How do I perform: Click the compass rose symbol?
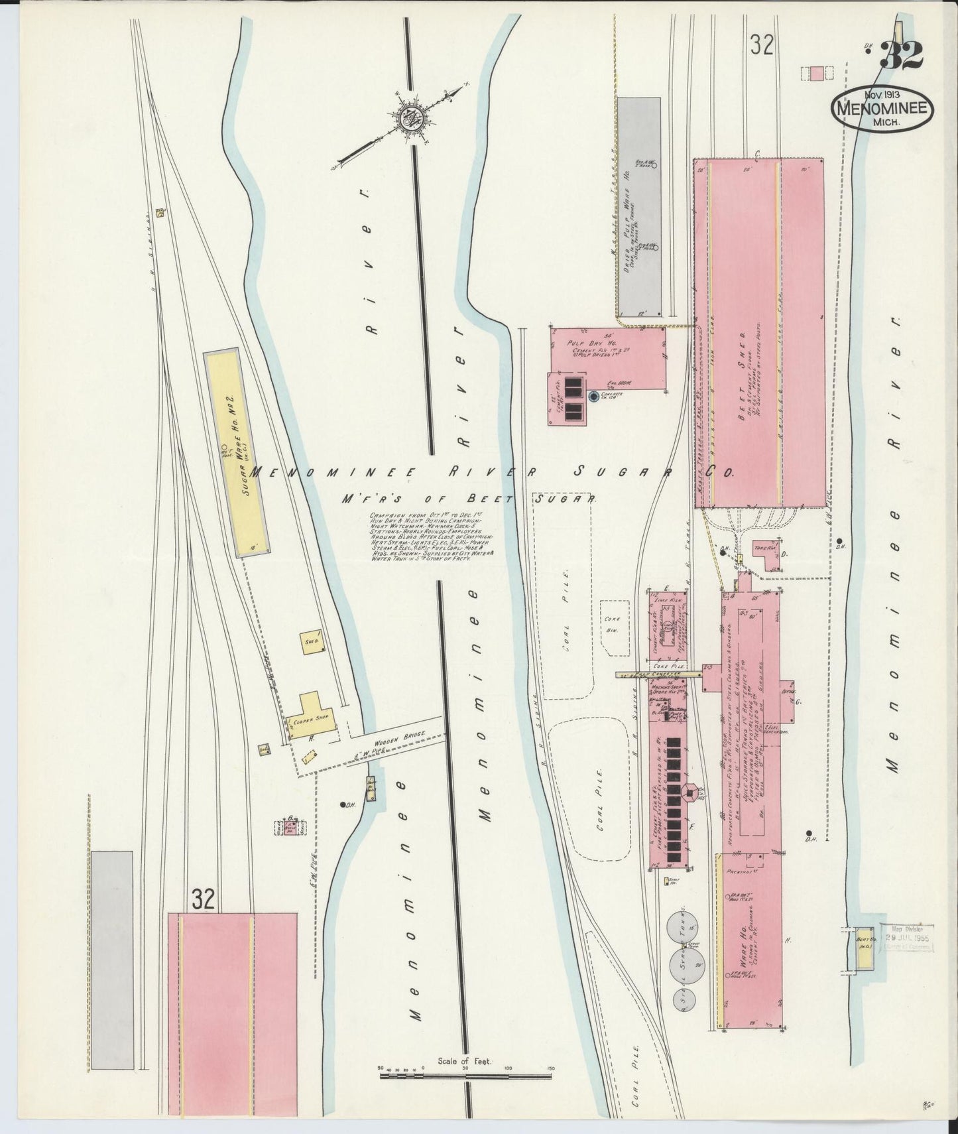coord(413,119)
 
